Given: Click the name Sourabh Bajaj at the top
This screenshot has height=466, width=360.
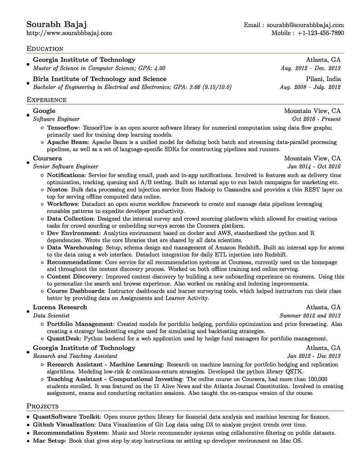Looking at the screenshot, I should [56, 24].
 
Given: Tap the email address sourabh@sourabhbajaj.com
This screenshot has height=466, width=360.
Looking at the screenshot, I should [305, 25].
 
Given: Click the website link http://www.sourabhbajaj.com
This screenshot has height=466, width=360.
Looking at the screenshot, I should [69, 33].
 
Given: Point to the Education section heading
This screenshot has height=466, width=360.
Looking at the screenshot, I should [45, 49].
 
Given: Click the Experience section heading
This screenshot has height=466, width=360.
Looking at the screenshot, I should [46, 100].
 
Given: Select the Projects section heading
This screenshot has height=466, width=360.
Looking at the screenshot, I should [42, 407].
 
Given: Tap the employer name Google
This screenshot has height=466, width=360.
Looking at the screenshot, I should [44, 111].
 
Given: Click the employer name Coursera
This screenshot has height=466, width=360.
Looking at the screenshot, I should [47, 158].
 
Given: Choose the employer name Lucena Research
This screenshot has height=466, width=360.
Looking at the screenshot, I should [60, 308].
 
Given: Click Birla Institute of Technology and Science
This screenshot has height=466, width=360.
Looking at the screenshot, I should [99, 79].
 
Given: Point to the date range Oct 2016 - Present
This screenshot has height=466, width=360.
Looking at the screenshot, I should [316, 119].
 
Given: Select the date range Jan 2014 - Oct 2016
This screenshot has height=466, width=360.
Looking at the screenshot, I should [314, 167].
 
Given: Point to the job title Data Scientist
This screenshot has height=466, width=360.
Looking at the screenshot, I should [51, 316].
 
